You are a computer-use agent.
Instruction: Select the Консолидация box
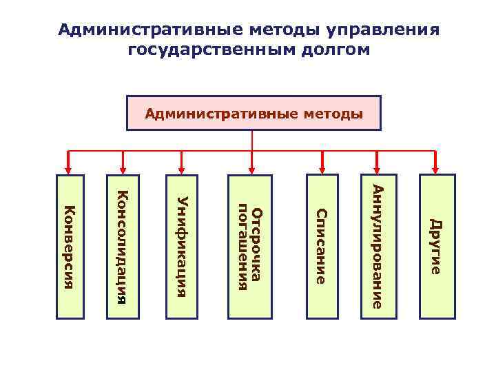(123, 246)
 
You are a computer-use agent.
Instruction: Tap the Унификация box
(182, 246)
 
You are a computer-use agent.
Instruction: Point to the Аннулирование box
(378, 246)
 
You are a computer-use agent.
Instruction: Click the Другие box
(436, 246)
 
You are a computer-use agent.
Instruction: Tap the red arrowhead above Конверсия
(68, 167)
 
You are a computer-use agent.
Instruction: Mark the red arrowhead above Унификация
(182, 167)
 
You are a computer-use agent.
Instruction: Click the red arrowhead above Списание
(321, 167)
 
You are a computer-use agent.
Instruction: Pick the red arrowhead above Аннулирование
(378, 167)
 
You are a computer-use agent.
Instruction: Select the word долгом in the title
(333, 50)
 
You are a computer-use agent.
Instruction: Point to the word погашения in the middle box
(242, 246)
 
